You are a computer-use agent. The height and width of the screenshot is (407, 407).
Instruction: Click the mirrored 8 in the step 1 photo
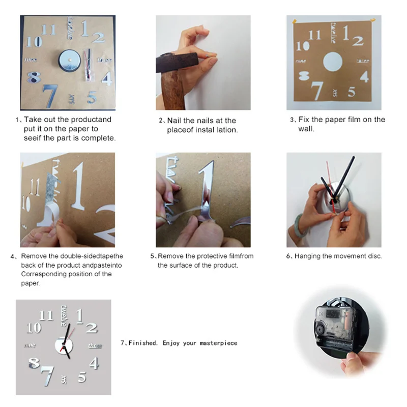pyautogui.click(x=34, y=77)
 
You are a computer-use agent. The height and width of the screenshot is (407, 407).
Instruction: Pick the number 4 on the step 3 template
pyautogui.click(x=364, y=77)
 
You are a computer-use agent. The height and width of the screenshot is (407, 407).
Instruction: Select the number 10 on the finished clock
pyautogui.click(x=34, y=328)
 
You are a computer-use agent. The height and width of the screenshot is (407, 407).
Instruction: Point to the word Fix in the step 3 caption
pyautogui.click(x=304, y=120)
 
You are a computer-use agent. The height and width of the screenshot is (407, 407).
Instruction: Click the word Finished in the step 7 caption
pyautogui.click(x=143, y=343)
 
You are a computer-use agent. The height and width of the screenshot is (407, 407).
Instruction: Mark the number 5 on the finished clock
pyautogui.click(x=82, y=377)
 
